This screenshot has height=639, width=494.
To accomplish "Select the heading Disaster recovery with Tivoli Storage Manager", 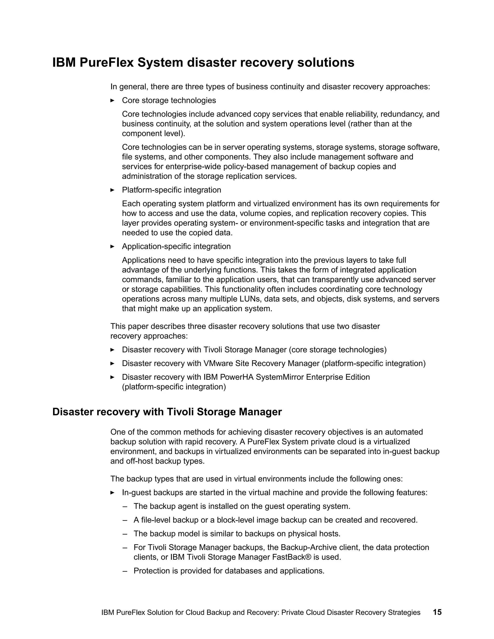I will [x=167, y=412].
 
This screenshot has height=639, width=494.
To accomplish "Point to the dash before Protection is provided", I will [x=125, y=571].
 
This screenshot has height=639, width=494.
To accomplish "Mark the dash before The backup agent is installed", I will [x=125, y=506].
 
